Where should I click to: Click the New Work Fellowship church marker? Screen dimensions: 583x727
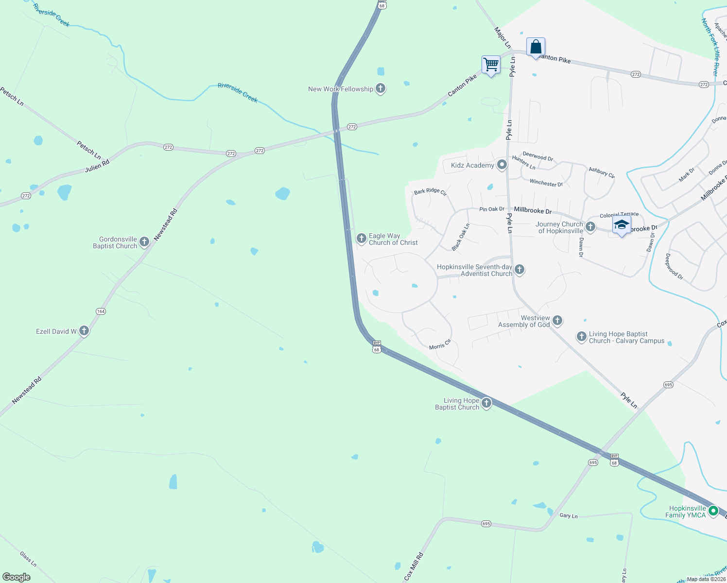[x=381, y=88]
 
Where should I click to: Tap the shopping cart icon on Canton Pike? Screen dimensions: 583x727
[x=491, y=64]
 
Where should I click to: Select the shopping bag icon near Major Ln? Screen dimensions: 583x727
[x=536, y=47]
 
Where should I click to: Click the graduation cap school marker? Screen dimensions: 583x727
[x=622, y=225]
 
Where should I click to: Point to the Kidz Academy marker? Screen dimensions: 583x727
[x=502, y=165]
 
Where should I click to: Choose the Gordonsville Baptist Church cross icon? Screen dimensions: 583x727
[x=144, y=241]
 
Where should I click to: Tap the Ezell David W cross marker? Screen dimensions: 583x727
[x=84, y=331]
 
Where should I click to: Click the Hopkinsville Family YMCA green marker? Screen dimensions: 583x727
[x=713, y=511]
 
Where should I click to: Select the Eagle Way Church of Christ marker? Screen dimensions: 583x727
[x=361, y=238]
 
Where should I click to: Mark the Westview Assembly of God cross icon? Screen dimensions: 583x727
[x=557, y=320]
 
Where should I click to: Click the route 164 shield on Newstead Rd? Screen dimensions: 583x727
[x=101, y=311]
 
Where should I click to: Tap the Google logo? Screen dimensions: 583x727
[x=16, y=577]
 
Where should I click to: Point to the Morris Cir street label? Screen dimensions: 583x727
[x=440, y=345]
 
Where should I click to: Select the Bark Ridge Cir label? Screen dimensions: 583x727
[x=430, y=191]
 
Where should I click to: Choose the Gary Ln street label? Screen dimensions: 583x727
[x=568, y=515]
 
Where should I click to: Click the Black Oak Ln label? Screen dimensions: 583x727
[x=461, y=237]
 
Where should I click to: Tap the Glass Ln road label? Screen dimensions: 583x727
[x=28, y=559]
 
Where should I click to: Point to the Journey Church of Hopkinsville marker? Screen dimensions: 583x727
[x=590, y=226]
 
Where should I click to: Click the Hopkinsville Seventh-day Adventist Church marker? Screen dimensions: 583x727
[x=519, y=269]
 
